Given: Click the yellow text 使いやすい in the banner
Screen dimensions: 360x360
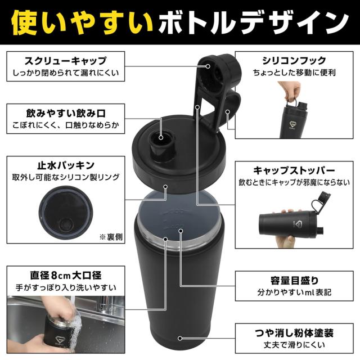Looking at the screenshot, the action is pos(82,22).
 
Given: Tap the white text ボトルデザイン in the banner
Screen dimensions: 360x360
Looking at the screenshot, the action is pos(254,22).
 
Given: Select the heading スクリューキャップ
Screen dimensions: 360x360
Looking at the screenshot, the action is pos(66,61).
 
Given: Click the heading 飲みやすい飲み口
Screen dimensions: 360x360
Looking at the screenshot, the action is pos(66,113).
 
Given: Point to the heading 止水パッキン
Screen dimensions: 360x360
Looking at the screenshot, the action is pos(66,165).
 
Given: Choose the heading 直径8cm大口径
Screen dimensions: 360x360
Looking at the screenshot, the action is pos(66,275).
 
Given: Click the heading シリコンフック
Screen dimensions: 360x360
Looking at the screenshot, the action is pos(294,61).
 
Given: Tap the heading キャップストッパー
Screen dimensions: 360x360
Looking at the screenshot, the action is pos(294,170).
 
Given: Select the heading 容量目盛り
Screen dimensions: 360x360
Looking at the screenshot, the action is pos(294,280).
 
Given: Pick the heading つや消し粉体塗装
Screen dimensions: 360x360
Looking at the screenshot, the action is pos(294,333).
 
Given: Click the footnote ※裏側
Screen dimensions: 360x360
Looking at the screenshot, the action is pos(111,237).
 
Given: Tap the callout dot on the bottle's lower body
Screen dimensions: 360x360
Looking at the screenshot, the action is pos(180,338).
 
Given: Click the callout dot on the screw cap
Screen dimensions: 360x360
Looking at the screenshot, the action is pos(208,66).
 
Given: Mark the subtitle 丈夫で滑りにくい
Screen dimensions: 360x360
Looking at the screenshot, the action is pos(294,345).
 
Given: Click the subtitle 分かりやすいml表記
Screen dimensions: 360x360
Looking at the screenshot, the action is pos(294,292).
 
